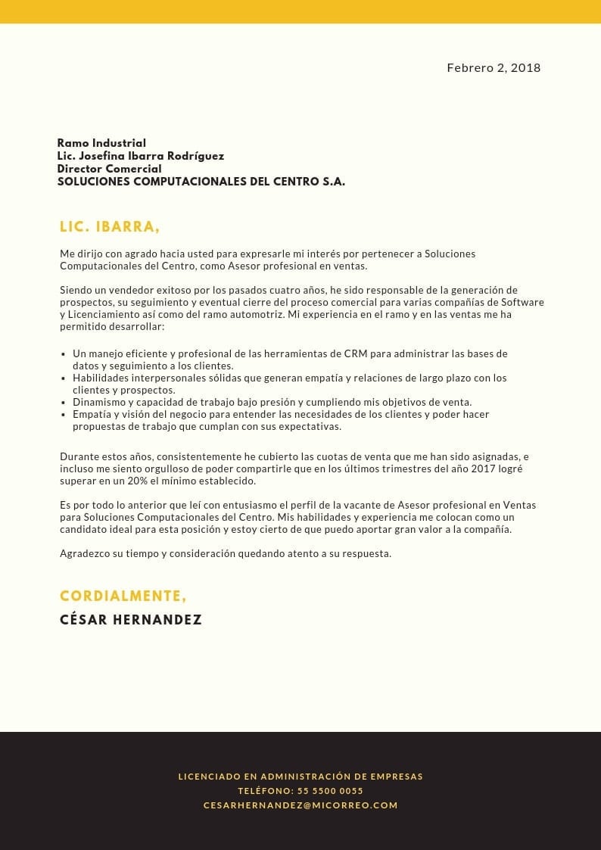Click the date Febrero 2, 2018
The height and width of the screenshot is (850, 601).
point(494,68)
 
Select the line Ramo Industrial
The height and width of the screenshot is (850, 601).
point(101,143)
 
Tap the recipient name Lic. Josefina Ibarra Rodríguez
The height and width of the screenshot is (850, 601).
point(141,156)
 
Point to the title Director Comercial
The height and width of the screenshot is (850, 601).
point(109,169)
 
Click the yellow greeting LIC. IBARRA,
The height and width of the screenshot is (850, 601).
point(110,227)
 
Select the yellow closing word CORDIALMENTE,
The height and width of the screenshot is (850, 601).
point(123,596)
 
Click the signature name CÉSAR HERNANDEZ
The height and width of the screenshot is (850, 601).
point(131,620)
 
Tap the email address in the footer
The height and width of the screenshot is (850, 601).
point(300,805)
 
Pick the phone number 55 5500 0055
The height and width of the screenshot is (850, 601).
point(330,791)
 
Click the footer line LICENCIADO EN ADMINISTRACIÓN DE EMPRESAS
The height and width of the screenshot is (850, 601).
point(300,777)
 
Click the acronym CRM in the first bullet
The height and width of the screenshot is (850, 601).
point(355,353)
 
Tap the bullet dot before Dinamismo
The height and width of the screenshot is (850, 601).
point(64,403)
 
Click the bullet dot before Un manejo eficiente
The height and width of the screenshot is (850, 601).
point(64,354)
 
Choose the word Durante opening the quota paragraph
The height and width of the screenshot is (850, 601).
point(80,456)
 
